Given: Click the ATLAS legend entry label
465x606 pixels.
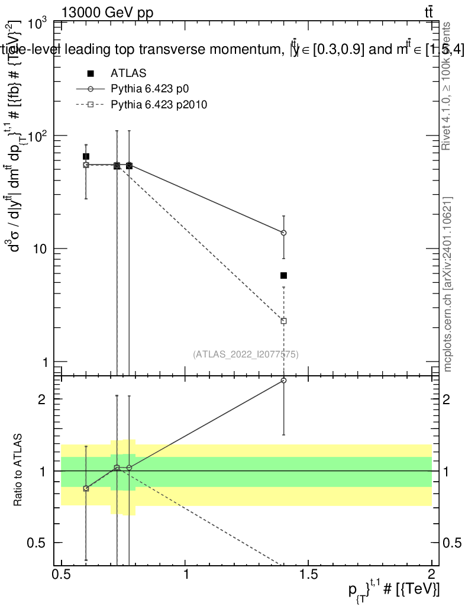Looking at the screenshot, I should [128, 73].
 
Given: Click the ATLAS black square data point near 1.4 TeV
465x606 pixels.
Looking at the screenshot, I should [284, 275].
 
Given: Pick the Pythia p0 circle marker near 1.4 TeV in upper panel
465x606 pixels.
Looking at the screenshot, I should [284, 233].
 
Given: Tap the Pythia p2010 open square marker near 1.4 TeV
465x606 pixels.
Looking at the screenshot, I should [284, 321].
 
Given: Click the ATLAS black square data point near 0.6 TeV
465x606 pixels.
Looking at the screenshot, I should [86, 156].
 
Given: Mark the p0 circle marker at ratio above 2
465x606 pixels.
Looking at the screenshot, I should [284, 380].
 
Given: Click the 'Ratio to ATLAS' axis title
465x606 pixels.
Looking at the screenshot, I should [18, 470].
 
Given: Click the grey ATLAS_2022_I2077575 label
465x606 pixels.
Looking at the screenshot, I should [246, 354].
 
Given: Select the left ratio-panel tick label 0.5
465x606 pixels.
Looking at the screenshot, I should [40, 543].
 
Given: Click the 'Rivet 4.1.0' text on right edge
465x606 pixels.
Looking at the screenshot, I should [447, 95].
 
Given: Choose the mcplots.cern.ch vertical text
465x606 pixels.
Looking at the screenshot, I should [447, 284].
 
